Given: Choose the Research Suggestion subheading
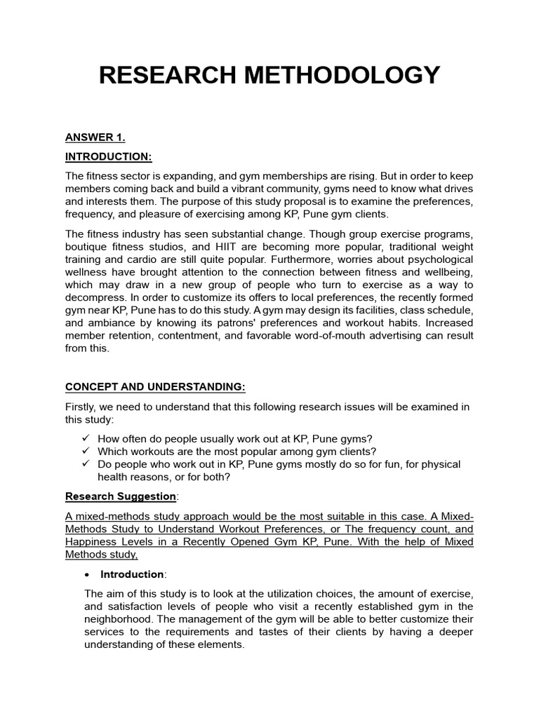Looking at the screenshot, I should tap(121, 496).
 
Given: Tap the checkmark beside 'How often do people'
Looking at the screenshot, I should tap(86, 438).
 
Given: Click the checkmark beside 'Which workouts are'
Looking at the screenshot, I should tap(86, 451).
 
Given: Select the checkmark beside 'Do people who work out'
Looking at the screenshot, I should tap(86, 464).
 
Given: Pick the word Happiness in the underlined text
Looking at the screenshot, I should tap(97, 542).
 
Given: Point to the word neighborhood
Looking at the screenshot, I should tap(120, 619).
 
